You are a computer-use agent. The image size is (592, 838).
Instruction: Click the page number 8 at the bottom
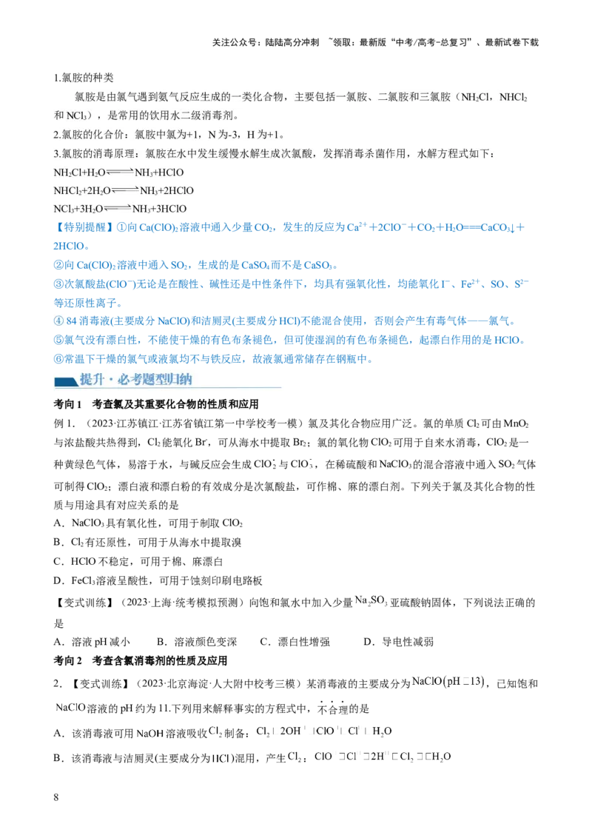pos(56,797)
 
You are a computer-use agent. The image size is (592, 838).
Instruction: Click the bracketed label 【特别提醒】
pos(84,228)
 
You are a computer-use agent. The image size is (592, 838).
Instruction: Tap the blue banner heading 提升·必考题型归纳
pos(135,380)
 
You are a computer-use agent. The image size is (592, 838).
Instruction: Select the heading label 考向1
pos(68,404)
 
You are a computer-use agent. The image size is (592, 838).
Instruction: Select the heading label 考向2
pos(68,660)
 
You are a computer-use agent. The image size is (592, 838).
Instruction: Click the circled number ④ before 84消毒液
pos(58,321)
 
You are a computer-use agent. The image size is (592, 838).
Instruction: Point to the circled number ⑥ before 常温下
pos(58,359)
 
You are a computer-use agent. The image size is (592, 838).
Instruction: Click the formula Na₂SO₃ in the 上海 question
pos(371,600)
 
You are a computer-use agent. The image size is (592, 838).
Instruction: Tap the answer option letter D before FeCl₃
pos(58,581)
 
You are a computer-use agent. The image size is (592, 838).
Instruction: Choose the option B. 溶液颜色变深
pos(197,642)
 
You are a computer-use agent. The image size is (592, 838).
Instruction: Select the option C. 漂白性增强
pos(295,642)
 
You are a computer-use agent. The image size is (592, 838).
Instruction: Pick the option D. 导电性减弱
pos(399,642)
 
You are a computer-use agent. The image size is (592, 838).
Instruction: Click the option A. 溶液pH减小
pos(92,642)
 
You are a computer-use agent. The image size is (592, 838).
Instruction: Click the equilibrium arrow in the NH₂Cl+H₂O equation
pos(120,172)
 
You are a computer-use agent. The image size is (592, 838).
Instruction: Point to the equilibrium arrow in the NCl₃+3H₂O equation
pos(117,209)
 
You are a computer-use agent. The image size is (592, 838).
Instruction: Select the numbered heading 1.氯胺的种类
pos(84,78)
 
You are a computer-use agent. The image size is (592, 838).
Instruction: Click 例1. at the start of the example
pos(65,423)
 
